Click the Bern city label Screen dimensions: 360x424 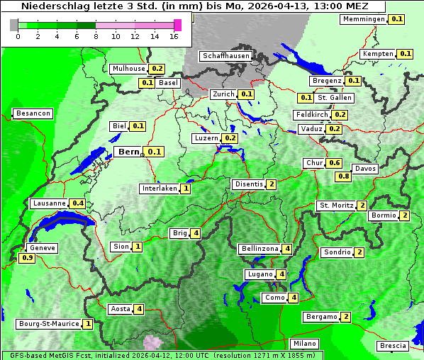pyautogui.click(x=129, y=152)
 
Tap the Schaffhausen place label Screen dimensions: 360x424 pyautogui.click(x=225, y=55)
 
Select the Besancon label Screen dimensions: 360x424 pyautogui.click(x=33, y=113)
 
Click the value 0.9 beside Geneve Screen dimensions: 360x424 pyautogui.click(x=27, y=258)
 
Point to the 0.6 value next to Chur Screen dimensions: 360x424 pyautogui.click(x=334, y=163)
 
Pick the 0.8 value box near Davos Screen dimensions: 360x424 pyautogui.click(x=343, y=176)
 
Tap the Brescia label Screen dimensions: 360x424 pyautogui.click(x=393, y=346)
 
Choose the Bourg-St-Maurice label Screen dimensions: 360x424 pyautogui.click(x=50, y=324)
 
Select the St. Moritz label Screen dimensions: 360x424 pyautogui.click(x=336, y=206)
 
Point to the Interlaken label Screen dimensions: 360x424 pyautogui.click(x=160, y=189)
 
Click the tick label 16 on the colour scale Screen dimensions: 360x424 pyautogui.click(x=174, y=36)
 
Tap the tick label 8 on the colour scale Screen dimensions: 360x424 pyautogui.click(x=96, y=36)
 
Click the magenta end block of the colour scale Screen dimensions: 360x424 pyautogui.click(x=177, y=25)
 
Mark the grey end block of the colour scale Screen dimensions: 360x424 pyautogui.click(x=14, y=25)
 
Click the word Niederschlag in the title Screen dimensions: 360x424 pyautogui.click(x=54, y=6)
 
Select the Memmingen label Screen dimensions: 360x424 pyautogui.click(x=363, y=19)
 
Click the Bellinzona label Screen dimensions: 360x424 pyautogui.click(x=260, y=249)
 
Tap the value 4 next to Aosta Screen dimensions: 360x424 pyautogui.click(x=140, y=309)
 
